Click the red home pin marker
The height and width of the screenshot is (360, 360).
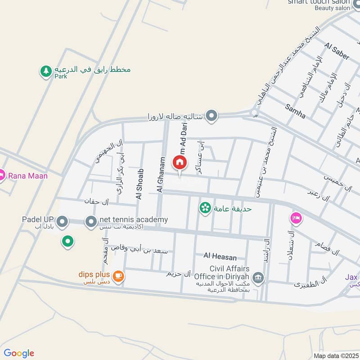pyautogui.click(x=180, y=162)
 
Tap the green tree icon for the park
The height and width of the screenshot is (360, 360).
pyautogui.click(x=45, y=71)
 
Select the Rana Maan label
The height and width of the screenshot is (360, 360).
pyautogui.click(x=27, y=175)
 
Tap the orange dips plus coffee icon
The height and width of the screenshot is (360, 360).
pyautogui.click(x=118, y=276)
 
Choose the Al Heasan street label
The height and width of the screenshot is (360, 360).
pyautogui.click(x=220, y=256)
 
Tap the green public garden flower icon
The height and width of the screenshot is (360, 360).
pyautogui.click(x=205, y=208)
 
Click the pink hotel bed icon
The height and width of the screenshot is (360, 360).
pyautogui.click(x=296, y=218)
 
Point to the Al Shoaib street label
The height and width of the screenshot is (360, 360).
pyautogui.click(x=139, y=184)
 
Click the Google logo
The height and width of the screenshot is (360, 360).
pyautogui.click(x=19, y=353)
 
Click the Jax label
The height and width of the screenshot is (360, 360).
pyautogui.click(x=351, y=277)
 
